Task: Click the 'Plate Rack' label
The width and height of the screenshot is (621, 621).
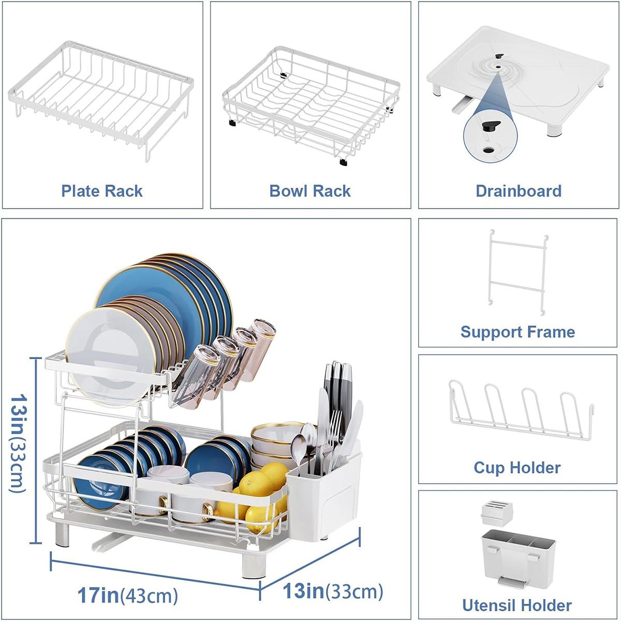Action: (x=102, y=191)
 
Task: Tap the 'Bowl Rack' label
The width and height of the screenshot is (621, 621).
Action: (x=310, y=191)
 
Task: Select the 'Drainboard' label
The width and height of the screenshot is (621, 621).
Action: (x=518, y=191)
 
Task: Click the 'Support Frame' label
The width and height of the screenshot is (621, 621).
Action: (x=517, y=332)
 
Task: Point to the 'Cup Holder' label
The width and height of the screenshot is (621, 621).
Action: (x=517, y=468)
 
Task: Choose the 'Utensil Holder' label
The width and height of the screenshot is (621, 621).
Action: (x=517, y=605)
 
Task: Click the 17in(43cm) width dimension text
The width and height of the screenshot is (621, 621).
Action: (x=128, y=595)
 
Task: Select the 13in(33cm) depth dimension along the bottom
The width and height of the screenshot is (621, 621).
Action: (x=333, y=590)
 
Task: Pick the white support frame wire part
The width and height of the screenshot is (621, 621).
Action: (x=516, y=272)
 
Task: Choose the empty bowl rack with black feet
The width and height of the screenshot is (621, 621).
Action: (x=310, y=103)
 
